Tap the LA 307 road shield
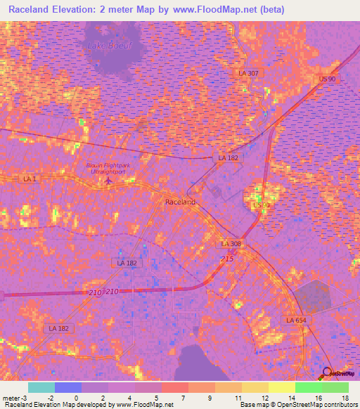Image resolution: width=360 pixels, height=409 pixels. (x=248, y=73)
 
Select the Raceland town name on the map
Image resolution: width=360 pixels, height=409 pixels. (x=180, y=202)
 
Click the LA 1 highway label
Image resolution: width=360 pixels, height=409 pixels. (x=29, y=179)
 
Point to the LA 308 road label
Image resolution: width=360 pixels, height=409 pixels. (x=231, y=243)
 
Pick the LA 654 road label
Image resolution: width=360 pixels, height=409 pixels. (x=296, y=320)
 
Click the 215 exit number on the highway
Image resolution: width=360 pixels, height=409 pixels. (x=227, y=259)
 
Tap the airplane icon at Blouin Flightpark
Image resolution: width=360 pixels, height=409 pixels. (x=108, y=181)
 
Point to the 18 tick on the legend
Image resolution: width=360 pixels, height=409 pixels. (x=345, y=398)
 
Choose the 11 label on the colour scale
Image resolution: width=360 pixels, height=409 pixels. (x=238, y=398)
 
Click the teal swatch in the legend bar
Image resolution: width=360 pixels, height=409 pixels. (x=41, y=387)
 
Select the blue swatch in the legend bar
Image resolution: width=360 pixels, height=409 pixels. (x=68, y=387)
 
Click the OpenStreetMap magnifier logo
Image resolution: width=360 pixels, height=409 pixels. (x=328, y=373)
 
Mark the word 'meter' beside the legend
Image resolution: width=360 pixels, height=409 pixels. (x=12, y=398)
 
